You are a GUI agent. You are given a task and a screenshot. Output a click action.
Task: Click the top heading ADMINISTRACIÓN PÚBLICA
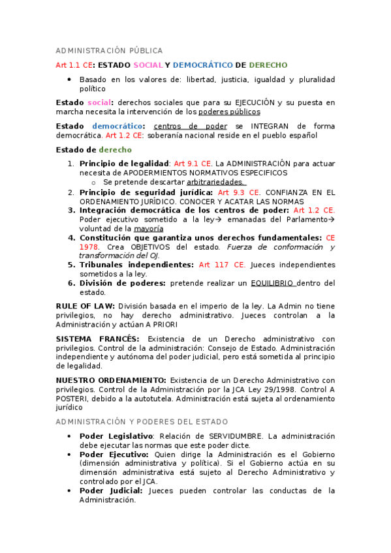pyautogui.click(x=109, y=51)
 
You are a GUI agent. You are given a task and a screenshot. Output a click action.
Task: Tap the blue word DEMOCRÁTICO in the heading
pyautogui.click(x=202, y=65)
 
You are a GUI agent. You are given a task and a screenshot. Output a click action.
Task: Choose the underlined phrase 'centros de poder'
pyautogui.click(x=190, y=126)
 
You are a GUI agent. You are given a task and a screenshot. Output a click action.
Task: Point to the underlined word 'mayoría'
pyautogui.click(x=149, y=229)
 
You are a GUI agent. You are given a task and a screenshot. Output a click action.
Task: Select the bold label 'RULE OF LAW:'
pyautogui.click(x=86, y=305)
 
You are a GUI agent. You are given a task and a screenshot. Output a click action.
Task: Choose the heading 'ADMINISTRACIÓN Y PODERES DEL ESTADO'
pyautogui.click(x=141, y=422)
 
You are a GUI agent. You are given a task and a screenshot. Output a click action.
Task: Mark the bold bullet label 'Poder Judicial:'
pyautogui.click(x=111, y=490)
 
